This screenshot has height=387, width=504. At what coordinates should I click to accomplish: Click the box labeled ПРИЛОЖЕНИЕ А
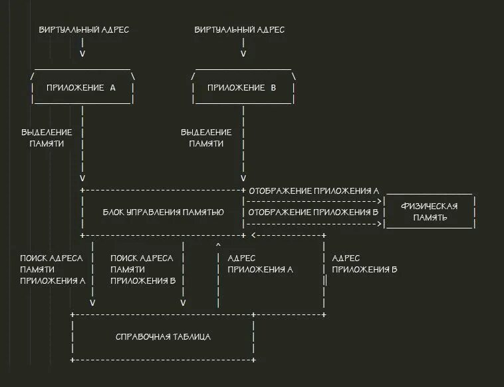tap(83, 88)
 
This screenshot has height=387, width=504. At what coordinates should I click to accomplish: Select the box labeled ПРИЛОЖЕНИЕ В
tap(243, 88)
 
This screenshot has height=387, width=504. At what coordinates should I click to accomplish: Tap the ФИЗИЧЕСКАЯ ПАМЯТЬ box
tap(429, 212)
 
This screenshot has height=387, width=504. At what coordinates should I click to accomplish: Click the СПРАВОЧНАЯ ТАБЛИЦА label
tap(163, 337)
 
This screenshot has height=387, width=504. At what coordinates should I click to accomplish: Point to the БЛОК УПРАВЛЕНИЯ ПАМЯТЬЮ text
tap(163, 212)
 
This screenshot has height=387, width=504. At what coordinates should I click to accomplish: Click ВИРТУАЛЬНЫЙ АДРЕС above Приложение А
tap(84, 30)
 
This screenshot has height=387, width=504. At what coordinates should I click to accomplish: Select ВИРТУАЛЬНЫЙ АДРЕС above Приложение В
tap(239, 30)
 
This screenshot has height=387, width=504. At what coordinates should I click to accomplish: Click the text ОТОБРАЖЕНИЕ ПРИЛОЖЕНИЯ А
tap(314, 191)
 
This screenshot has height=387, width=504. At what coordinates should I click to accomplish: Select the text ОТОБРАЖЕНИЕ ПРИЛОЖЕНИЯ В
tap(314, 212)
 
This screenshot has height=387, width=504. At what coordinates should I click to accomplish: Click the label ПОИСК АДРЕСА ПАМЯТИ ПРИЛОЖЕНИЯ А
tap(52, 269)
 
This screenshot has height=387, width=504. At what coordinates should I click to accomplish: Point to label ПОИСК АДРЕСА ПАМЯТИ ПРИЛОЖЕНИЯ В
tap(143, 269)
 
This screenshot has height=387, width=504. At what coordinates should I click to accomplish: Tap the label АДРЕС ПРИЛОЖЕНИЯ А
tap(260, 264)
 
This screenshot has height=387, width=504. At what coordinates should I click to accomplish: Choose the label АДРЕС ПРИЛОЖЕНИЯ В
tap(364, 264)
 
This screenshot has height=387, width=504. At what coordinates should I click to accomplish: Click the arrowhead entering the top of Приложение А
tap(82, 54)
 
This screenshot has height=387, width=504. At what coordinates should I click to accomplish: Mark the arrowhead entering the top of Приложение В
tap(243, 54)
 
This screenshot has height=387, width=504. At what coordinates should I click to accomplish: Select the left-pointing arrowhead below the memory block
tap(255, 236)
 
